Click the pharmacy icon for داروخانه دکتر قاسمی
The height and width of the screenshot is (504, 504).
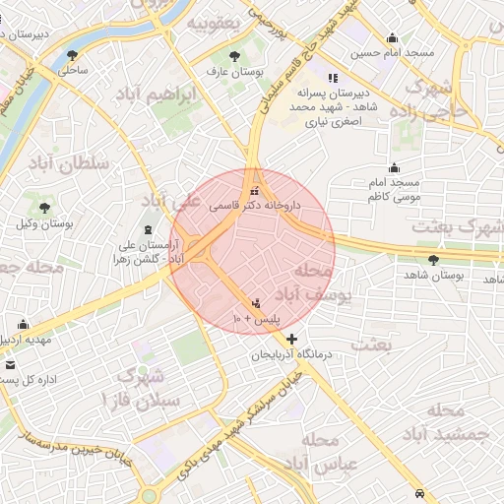255,192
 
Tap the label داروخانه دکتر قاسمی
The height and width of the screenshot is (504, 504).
255,208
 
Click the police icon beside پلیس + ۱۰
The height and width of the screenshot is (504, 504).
257,303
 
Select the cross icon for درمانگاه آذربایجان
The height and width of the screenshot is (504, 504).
291,339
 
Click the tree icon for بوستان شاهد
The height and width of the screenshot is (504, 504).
434,260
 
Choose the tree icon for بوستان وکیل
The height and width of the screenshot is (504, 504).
44,208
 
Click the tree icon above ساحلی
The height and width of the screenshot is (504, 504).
71,55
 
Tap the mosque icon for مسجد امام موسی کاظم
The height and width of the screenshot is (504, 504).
394,168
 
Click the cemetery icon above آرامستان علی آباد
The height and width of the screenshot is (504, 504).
148,229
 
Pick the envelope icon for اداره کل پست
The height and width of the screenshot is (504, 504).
11,364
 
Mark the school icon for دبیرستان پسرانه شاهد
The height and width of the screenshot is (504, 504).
333,78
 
